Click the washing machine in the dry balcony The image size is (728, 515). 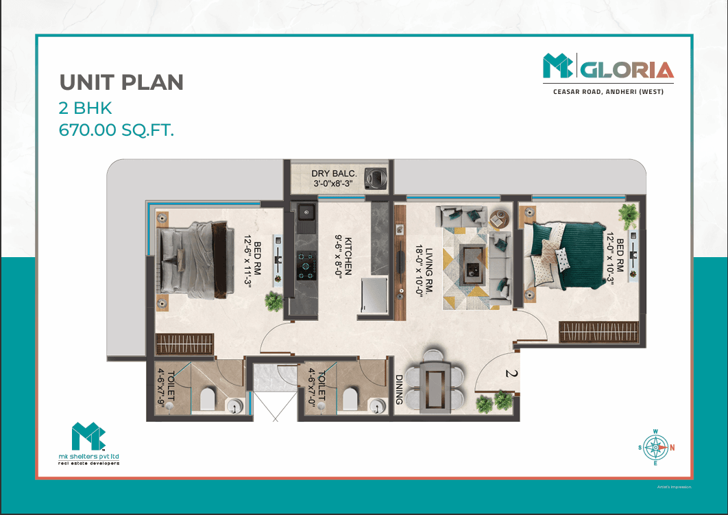pyautogui.click(x=376, y=178)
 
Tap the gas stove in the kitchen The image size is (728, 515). pyautogui.click(x=306, y=265)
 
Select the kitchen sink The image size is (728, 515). pyautogui.click(x=306, y=212)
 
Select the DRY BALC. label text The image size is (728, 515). pyautogui.click(x=334, y=173)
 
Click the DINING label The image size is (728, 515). pyautogui.click(x=399, y=390)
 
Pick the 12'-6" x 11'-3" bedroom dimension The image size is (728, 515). pyautogui.click(x=247, y=261)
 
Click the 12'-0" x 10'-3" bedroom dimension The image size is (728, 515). pyautogui.click(x=610, y=259)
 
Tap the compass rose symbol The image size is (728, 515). pyautogui.click(x=655, y=448)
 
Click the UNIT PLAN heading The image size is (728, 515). pyautogui.click(x=121, y=82)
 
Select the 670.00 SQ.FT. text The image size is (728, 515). pyautogui.click(x=116, y=130)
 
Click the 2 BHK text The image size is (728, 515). pyautogui.click(x=86, y=108)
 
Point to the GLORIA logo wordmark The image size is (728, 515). pyautogui.click(x=627, y=70)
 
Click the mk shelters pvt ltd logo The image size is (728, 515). pyautogui.click(x=88, y=443)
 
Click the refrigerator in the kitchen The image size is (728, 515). pyautogui.click(x=374, y=294)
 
